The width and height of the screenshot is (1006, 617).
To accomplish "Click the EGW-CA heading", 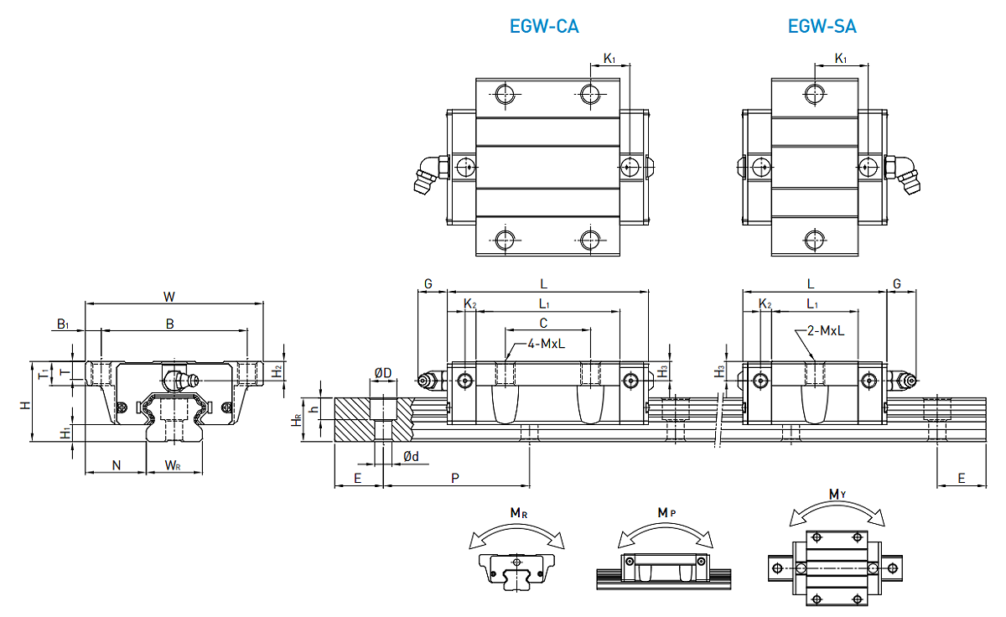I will tap(544, 26).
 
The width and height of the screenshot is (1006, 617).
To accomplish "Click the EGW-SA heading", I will tap(822, 26).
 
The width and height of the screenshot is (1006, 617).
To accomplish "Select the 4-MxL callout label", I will tap(547, 344).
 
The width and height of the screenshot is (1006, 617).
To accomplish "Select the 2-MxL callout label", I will tap(825, 331).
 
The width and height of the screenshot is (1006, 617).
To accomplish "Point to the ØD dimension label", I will tap(382, 372).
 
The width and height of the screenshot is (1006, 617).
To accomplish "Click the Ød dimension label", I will tap(411, 456).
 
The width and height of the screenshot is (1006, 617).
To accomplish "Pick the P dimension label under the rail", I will tap(454, 477).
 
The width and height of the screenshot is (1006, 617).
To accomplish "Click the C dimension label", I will tap(543, 323).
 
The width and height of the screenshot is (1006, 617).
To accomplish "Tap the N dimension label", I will tap(116, 464).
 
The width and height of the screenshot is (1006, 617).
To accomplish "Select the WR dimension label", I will tap(173, 464).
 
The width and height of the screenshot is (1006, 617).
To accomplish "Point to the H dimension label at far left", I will tap(25, 404).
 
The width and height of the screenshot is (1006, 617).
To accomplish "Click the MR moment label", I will tap(517, 512).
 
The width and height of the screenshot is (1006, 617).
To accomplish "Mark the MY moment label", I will tap(837, 495).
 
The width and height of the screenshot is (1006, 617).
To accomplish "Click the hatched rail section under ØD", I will tap(356, 419).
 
